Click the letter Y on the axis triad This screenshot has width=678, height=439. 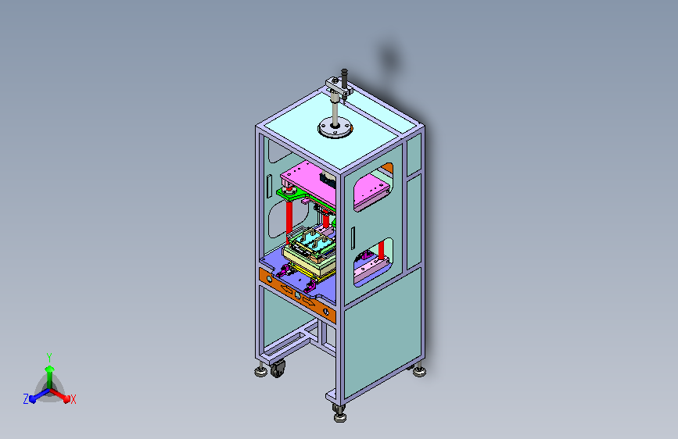pos(49,357)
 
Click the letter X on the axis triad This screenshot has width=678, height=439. pos(73,399)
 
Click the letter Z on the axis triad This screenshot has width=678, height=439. pos(26,399)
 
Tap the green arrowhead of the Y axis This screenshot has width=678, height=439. pos(49,369)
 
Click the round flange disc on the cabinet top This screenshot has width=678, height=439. pos(335,128)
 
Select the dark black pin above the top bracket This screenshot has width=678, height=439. pos(344,78)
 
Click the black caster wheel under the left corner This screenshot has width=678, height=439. pos(278,369)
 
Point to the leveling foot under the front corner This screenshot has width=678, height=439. pos(340,416)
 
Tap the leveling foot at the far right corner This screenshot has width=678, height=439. pos(419,371)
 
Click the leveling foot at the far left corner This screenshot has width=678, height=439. pos(260,371)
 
